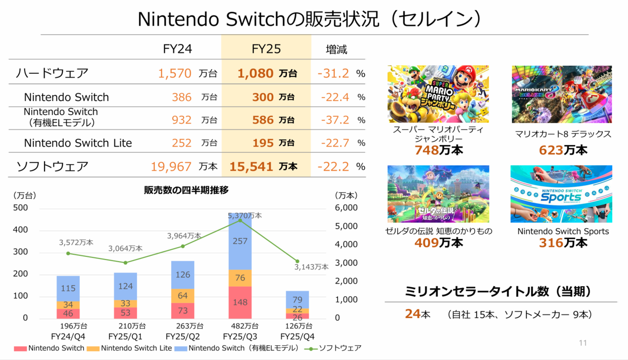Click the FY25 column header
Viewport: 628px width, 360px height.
[x=266, y=49]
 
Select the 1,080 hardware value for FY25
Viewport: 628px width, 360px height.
[x=255, y=74]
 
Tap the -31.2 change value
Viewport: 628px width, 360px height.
[x=333, y=74]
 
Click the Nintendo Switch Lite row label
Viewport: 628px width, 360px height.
[x=77, y=143]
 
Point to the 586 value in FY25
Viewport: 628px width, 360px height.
[x=263, y=120]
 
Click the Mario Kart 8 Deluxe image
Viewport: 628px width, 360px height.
[x=562, y=94]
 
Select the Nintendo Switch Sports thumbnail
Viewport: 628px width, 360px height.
[x=561, y=194]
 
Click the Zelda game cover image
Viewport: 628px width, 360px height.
[x=438, y=194]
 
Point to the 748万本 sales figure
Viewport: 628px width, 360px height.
[x=439, y=150]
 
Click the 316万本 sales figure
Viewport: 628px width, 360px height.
[x=563, y=243]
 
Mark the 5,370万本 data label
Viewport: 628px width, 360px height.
[x=245, y=215]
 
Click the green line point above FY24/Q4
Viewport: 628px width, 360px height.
[x=68, y=253]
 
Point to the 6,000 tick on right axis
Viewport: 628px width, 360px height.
[x=345, y=208]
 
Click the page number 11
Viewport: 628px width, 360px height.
[x=584, y=343]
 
